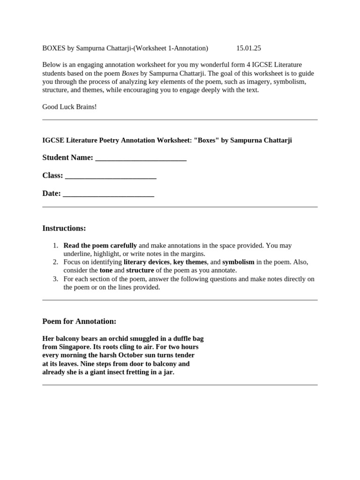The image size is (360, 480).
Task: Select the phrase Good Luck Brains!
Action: (x=69, y=107)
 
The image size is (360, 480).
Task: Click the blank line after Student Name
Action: (x=141, y=158)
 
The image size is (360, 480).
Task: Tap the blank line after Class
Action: (x=111, y=176)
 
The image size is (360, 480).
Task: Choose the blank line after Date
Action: (x=108, y=194)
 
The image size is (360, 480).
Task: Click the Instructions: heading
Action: (x=64, y=228)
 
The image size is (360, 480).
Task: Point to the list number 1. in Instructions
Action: (x=55, y=246)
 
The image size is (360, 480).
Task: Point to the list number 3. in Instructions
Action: (x=55, y=279)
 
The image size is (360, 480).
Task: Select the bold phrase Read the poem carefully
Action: (x=100, y=246)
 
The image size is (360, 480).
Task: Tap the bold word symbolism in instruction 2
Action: (x=239, y=262)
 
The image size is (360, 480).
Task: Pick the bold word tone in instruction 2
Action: (x=106, y=270)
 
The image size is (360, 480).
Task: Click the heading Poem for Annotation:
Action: (x=79, y=322)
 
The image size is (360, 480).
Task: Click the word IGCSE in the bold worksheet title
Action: (x=52, y=141)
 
